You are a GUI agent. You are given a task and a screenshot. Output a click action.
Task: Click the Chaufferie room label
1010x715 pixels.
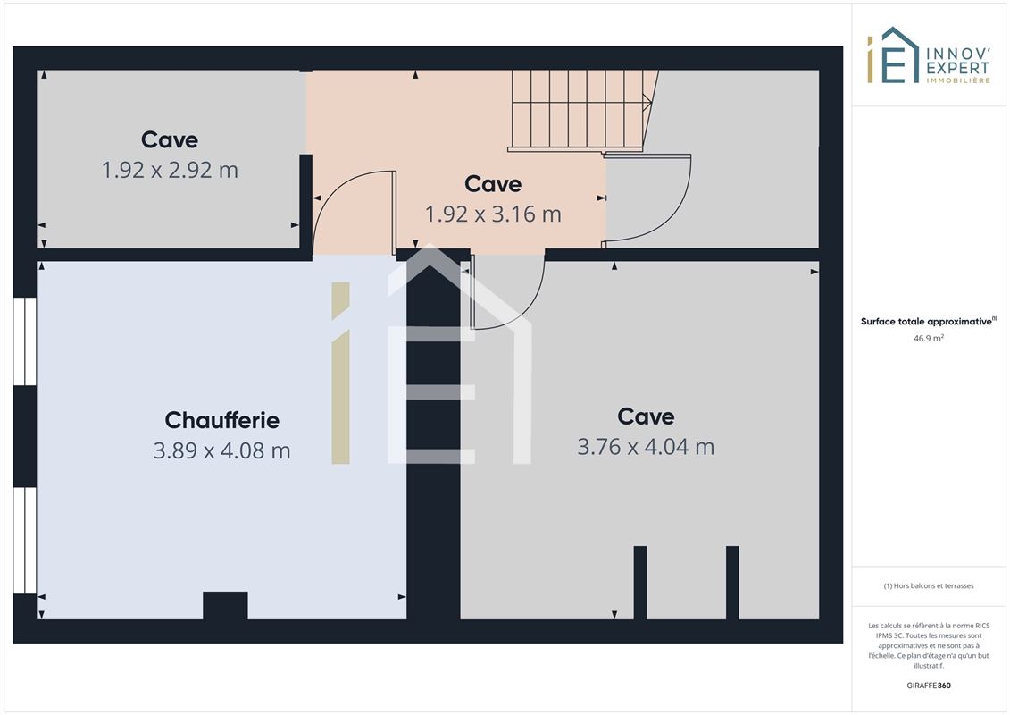click(x=221, y=420)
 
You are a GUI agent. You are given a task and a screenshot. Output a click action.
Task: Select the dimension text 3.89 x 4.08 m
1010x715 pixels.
click(x=221, y=450)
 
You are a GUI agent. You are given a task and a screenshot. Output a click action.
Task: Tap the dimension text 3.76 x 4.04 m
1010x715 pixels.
click(x=646, y=446)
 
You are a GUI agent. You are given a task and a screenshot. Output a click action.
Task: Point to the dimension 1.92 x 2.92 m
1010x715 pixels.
click(x=170, y=170)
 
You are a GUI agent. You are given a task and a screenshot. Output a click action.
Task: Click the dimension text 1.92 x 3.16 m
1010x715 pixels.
click(x=493, y=214)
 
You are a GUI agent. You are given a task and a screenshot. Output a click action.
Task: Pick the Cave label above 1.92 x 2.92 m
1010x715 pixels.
click(x=170, y=139)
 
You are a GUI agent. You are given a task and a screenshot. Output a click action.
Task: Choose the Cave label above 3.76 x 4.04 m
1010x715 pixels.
click(x=646, y=416)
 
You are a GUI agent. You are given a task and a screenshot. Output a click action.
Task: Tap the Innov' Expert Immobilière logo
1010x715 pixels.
click(x=928, y=55)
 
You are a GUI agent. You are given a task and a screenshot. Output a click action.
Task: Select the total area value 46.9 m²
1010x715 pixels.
click(x=928, y=338)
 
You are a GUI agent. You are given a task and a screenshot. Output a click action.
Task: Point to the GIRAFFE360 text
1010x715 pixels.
click(x=928, y=686)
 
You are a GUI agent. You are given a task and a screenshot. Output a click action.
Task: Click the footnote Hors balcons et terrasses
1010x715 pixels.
click(x=928, y=586)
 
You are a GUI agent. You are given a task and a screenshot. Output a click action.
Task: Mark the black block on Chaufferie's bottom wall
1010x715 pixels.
click(x=225, y=605)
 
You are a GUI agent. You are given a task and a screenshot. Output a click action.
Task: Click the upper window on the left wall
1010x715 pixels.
click(x=24, y=341)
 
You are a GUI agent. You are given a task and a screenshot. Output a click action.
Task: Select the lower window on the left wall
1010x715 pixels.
click(x=24, y=541)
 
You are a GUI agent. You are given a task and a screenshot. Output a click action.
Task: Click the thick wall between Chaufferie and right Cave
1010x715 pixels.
click(x=433, y=439)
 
